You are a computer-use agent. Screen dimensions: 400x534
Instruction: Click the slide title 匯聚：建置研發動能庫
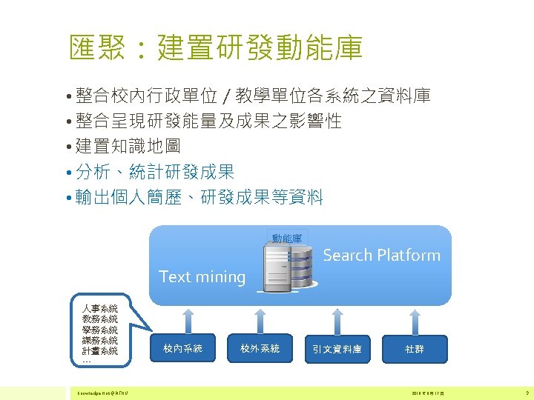point(215,47)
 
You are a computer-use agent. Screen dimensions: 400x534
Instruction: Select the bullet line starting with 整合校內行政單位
point(252,96)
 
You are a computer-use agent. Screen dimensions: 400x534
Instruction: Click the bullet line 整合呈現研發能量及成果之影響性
point(208,121)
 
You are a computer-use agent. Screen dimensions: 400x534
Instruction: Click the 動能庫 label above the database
point(286,239)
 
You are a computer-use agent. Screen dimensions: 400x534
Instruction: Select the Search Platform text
point(382,256)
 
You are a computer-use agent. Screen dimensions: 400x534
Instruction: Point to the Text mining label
point(202,277)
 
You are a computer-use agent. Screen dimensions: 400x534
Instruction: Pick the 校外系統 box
point(260,348)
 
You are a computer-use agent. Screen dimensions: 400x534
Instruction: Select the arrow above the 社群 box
point(415,320)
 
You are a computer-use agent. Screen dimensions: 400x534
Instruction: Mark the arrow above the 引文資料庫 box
point(337,320)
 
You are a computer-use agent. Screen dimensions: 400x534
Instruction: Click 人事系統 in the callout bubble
point(100,307)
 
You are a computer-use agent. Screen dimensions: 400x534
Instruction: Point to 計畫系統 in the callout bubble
point(100,351)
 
